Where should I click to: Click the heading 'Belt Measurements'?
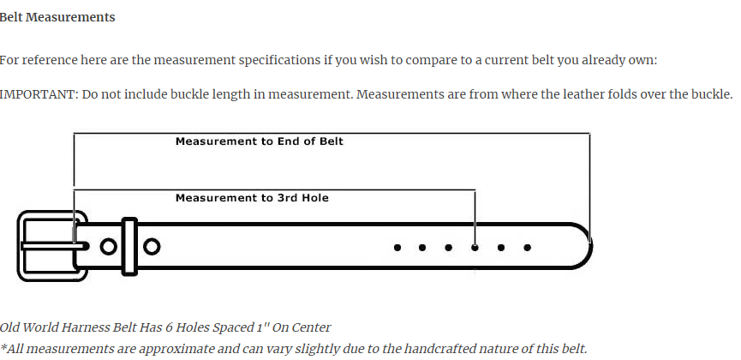pyautogui.click(x=57, y=17)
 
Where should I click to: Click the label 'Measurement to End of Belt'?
pyautogui.click(x=259, y=141)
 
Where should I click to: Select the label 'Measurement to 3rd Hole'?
pyautogui.click(x=252, y=198)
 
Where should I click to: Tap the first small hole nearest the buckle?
pyautogui.click(x=397, y=248)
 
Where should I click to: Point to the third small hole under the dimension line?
pyautogui.click(x=449, y=248)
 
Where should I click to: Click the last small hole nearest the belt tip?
pyautogui.click(x=528, y=248)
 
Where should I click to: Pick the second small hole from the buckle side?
pyautogui.click(x=422, y=248)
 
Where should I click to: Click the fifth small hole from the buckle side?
pyautogui.click(x=501, y=248)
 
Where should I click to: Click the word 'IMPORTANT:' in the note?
pyautogui.click(x=39, y=94)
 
